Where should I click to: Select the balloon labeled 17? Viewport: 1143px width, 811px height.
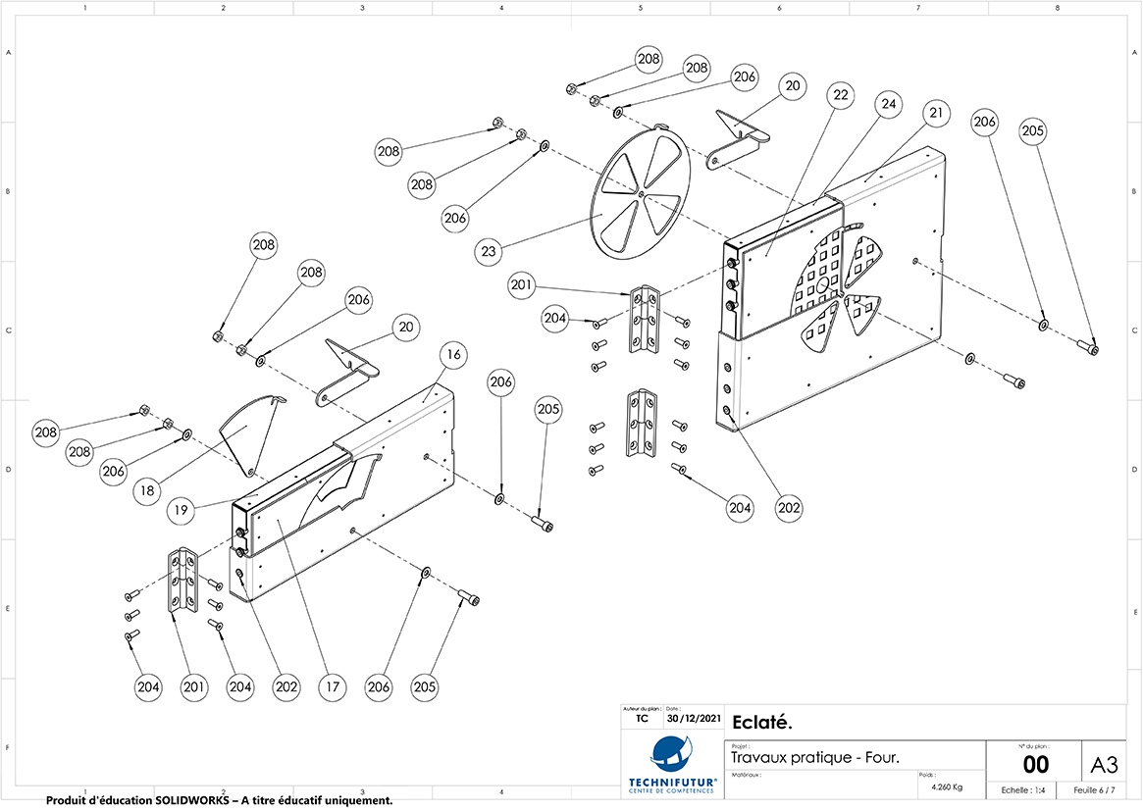[334, 687]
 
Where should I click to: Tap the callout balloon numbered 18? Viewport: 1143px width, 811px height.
[146, 491]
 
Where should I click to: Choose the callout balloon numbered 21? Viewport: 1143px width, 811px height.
[937, 113]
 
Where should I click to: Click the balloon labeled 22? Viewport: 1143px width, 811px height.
[839, 95]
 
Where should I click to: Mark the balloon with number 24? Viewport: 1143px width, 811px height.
[888, 103]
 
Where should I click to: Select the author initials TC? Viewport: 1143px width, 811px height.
[642, 719]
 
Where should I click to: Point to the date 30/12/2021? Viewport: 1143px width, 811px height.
[693, 719]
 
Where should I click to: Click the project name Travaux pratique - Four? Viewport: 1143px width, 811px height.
[815, 757]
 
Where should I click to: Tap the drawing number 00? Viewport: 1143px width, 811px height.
[1035, 765]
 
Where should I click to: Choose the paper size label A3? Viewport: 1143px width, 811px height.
[1104, 763]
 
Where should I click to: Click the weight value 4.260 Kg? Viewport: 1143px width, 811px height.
[944, 787]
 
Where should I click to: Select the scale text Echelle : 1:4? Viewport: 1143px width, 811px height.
[1022, 790]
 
